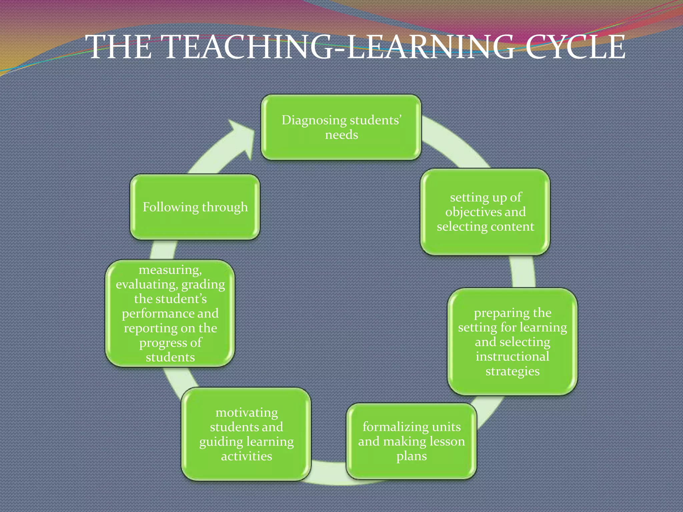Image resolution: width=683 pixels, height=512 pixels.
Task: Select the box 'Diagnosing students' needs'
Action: click(341, 127)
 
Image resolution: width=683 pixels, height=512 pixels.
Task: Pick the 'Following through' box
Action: click(195, 207)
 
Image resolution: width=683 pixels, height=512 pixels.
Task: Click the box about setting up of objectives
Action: click(485, 212)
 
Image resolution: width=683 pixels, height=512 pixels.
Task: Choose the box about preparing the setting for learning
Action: click(512, 342)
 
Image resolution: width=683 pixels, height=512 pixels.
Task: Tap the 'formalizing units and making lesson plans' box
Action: click(411, 441)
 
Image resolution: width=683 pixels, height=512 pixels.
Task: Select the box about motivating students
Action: click(246, 434)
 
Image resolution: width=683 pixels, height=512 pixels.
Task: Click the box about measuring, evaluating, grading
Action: click(170, 313)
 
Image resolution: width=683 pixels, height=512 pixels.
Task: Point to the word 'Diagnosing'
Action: click(310, 120)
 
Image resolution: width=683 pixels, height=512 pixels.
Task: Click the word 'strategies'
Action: click(512, 371)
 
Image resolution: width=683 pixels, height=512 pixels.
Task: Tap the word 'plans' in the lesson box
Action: click(412, 456)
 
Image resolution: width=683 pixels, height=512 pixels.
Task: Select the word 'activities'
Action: click(246, 456)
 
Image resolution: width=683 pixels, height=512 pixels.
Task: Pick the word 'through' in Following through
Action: click(225, 207)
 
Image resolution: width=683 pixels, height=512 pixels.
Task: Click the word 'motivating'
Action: click(246, 413)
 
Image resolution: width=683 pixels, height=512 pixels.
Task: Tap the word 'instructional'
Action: click(512, 356)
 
